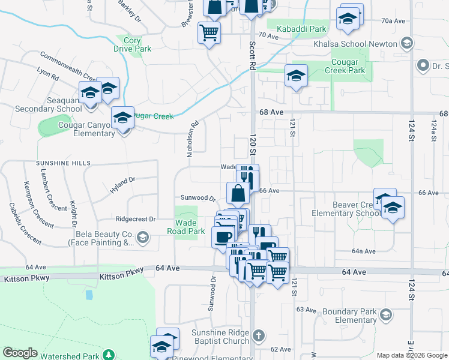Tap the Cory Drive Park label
click(x=133, y=44)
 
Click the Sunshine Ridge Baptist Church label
click(x=220, y=337)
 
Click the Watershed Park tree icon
click(x=108, y=356)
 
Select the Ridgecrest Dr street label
click(x=135, y=219)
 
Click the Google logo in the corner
click(x=20, y=353)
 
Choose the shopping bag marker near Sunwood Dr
click(x=238, y=193)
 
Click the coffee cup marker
click(x=223, y=236)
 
